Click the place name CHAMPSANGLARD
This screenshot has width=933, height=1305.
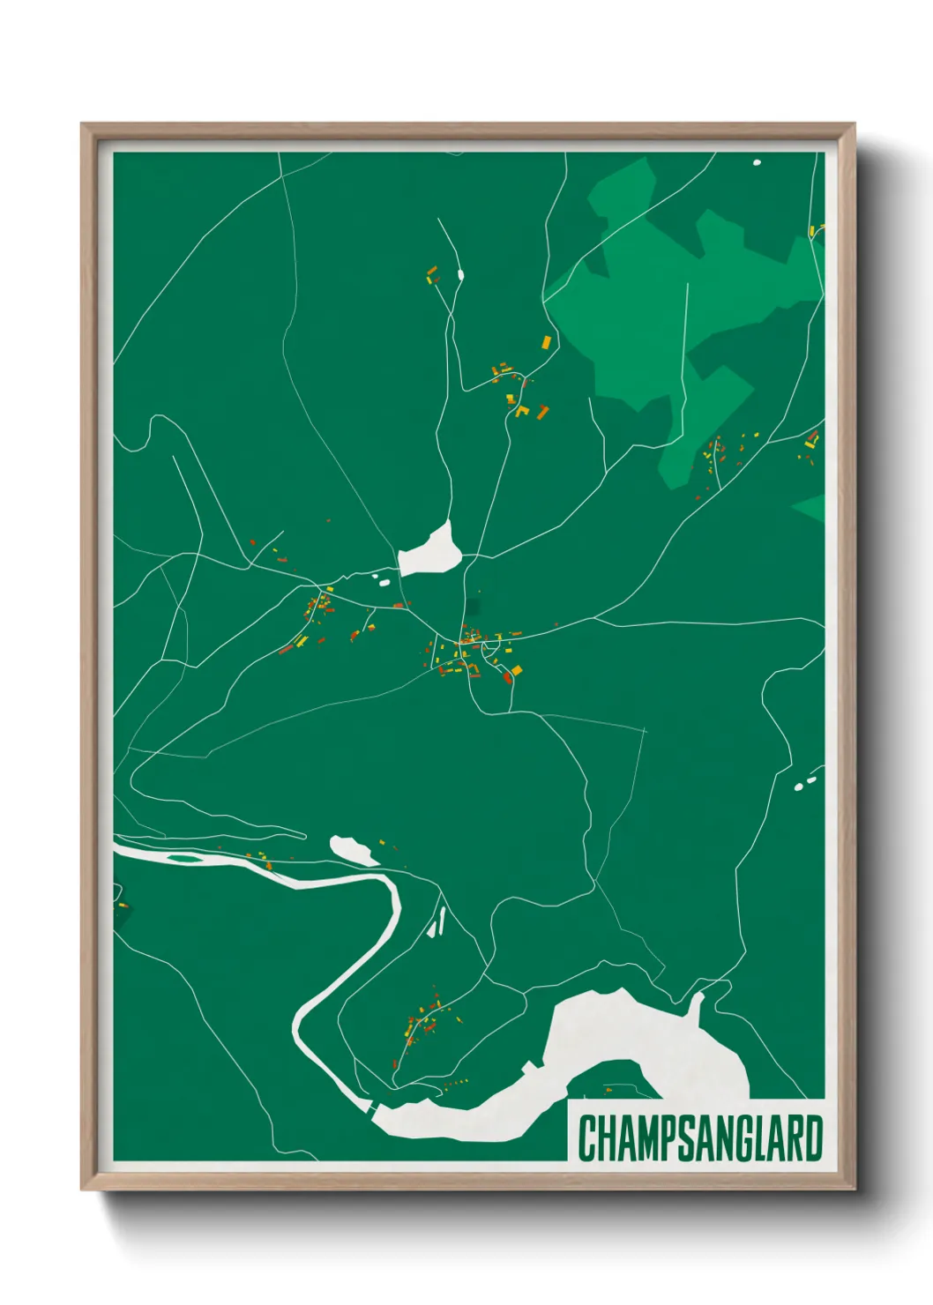[x=699, y=1138]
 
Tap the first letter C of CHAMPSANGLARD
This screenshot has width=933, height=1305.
[x=587, y=1138]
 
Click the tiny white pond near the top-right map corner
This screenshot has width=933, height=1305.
[x=757, y=162]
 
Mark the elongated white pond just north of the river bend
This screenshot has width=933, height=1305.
[x=353, y=850]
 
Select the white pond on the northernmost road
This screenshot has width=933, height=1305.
[x=460, y=275]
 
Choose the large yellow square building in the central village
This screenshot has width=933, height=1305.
[x=516, y=671]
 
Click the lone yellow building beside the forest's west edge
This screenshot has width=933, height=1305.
[x=546, y=341]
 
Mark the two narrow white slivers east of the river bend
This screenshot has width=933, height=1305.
[x=437, y=922]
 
